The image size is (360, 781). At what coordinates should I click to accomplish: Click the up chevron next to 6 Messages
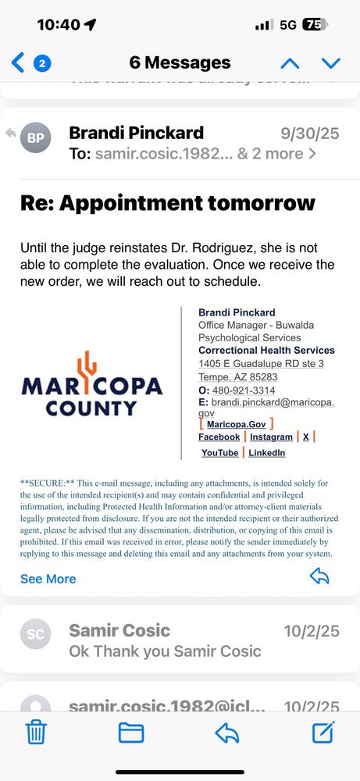pyautogui.click(x=290, y=62)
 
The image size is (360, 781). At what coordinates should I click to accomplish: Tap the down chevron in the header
pyautogui.click(x=331, y=62)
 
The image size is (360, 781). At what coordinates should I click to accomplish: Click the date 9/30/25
pyautogui.click(x=309, y=134)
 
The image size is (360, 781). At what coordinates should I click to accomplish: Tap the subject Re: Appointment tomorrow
pyautogui.click(x=168, y=204)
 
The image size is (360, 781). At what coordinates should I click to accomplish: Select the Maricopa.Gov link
pyautogui.click(x=237, y=424)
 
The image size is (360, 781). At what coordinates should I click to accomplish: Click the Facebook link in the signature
pyautogui.click(x=219, y=437)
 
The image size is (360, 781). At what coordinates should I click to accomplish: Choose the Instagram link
pyautogui.click(x=271, y=437)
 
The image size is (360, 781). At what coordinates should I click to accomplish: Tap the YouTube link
pyautogui.click(x=219, y=453)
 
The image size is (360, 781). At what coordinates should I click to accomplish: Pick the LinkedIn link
pyautogui.click(x=266, y=453)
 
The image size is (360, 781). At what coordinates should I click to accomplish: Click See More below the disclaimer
pyautogui.click(x=48, y=579)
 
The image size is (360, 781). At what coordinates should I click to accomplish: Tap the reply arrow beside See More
pyautogui.click(x=319, y=577)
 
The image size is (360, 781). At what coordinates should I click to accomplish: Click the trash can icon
pyautogui.click(x=36, y=732)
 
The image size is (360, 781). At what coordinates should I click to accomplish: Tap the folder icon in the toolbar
pyautogui.click(x=131, y=732)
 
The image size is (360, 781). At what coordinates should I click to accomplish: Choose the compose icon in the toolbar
pyautogui.click(x=323, y=732)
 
